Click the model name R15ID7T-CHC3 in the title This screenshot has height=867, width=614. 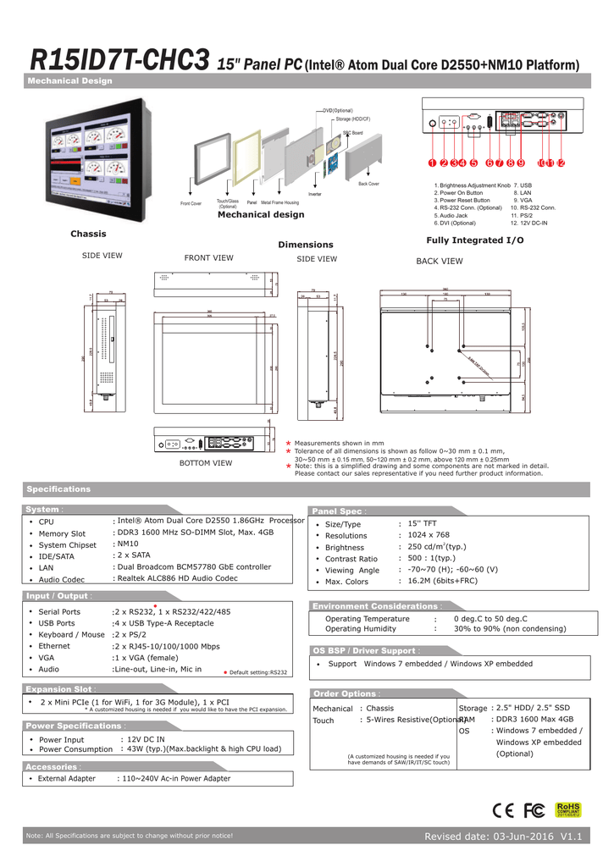click(x=120, y=61)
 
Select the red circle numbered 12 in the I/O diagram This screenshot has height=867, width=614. click(x=561, y=163)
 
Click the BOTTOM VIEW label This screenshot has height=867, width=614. click(x=206, y=463)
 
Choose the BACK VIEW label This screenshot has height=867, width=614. click(x=440, y=262)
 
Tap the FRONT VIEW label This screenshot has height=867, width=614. click(x=208, y=258)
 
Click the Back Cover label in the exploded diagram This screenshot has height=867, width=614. click(x=368, y=184)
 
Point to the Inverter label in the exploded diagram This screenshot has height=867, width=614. click(x=314, y=195)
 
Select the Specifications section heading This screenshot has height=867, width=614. click(x=58, y=489)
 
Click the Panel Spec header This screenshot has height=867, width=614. click(x=338, y=511)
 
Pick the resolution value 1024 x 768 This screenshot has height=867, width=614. click(x=429, y=535)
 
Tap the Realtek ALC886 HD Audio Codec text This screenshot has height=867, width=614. click(x=177, y=578)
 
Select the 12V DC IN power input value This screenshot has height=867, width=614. click(x=142, y=739)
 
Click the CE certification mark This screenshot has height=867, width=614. click(x=501, y=811)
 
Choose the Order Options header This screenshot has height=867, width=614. click(x=343, y=693)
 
